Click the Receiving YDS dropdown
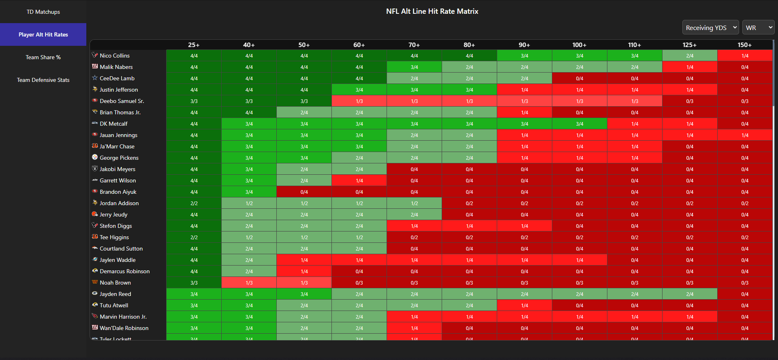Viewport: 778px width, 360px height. point(710,28)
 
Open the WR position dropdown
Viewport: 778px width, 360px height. point(758,28)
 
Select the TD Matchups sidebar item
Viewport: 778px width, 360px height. point(43,12)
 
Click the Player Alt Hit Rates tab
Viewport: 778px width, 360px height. point(43,34)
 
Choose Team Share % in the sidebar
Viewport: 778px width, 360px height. point(43,57)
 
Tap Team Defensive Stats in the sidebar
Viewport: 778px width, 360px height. point(43,80)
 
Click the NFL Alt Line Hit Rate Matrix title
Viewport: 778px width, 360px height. point(432,11)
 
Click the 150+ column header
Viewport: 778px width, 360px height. point(744,45)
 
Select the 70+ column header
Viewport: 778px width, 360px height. point(414,45)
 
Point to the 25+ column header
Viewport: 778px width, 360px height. point(194,45)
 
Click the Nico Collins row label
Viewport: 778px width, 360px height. point(115,56)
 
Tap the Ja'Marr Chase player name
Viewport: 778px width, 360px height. point(117,146)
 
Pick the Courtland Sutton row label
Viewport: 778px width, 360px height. point(121,249)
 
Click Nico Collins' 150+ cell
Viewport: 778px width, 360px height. point(745,56)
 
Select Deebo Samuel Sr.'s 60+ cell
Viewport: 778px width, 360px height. point(359,101)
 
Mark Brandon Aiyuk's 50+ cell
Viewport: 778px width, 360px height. point(304,192)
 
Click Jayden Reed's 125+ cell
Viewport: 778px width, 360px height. point(690,294)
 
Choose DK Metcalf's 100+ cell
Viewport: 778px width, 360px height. point(579,124)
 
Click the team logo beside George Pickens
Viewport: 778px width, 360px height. point(95,157)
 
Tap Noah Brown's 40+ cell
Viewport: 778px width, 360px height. point(249,283)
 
